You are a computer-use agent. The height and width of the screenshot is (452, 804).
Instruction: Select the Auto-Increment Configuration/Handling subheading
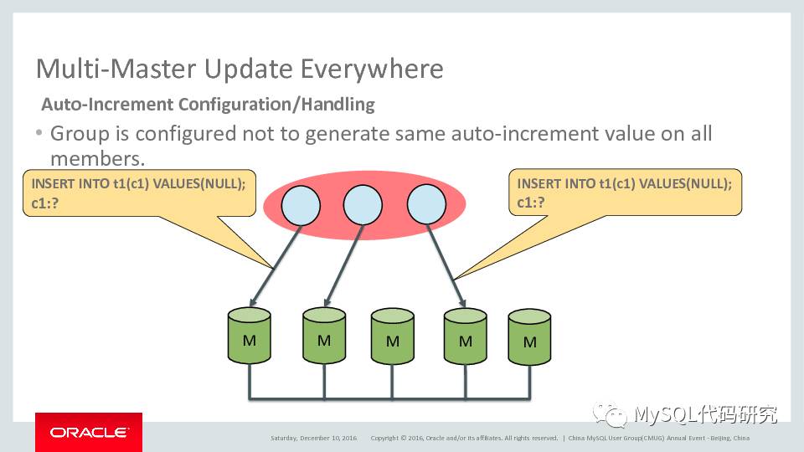pyautogui.click(x=208, y=105)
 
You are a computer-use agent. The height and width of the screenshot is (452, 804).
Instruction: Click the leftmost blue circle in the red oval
pyautogui.click(x=301, y=206)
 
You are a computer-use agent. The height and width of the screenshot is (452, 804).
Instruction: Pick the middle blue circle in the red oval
pyautogui.click(x=363, y=206)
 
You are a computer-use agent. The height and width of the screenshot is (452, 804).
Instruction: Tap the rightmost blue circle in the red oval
pyautogui.click(x=425, y=206)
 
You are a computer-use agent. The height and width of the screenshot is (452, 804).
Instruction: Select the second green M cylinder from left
pyautogui.click(x=324, y=336)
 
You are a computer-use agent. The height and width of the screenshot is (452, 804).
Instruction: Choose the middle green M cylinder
pyautogui.click(x=393, y=338)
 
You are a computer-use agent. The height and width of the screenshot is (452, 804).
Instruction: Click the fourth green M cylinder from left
pyautogui.click(x=466, y=336)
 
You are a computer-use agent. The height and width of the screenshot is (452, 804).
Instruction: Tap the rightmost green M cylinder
pyautogui.click(x=529, y=338)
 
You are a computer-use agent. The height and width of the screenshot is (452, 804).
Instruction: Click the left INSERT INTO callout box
pyautogui.click(x=139, y=193)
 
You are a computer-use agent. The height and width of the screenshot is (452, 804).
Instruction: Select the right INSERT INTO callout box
pyautogui.click(x=625, y=193)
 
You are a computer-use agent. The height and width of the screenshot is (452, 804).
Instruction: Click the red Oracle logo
pyautogui.click(x=88, y=432)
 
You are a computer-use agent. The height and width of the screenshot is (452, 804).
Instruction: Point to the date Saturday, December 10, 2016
pyautogui.click(x=313, y=438)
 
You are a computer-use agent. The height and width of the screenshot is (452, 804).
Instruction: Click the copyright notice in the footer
pyautogui.click(x=464, y=438)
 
